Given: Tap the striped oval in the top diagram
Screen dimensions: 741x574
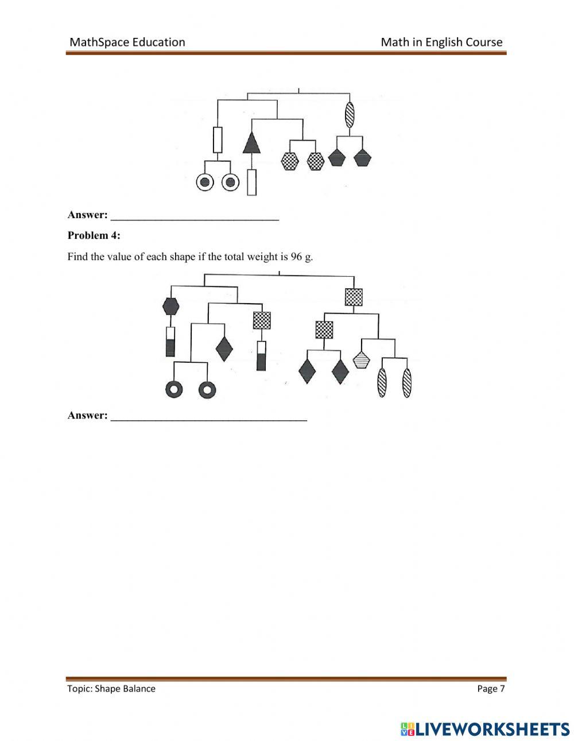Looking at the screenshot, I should click(350, 114).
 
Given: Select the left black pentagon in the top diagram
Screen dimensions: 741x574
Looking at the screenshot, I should click(336, 158).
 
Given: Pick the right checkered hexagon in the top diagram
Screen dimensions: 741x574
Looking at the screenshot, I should click(316, 161).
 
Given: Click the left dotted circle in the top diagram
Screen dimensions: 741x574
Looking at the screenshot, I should click(204, 183).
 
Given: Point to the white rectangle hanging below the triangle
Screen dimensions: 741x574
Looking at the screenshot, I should click(251, 182).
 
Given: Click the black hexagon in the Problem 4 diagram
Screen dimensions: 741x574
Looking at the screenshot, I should click(170, 306).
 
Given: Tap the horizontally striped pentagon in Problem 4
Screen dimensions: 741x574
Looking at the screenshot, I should click(361, 360).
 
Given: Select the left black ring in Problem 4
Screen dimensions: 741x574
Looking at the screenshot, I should click(173, 390).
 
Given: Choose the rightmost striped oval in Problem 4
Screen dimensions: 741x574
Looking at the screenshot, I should click(407, 383).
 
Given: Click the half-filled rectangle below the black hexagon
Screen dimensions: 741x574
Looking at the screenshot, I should click(170, 342).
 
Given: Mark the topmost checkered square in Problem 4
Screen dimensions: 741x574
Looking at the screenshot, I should click(354, 297).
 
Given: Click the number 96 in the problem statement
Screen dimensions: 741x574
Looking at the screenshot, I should click(296, 257).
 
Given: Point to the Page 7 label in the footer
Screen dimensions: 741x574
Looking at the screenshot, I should click(491, 689).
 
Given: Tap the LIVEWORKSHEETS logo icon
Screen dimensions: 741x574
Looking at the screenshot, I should click(408, 729).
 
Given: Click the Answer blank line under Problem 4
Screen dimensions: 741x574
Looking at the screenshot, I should click(209, 418).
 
